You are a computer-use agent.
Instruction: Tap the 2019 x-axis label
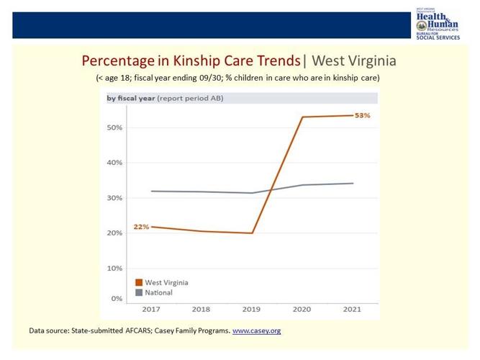click(x=251, y=310)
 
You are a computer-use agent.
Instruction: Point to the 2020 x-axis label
click(x=302, y=310)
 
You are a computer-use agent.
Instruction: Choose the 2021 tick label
click(x=353, y=310)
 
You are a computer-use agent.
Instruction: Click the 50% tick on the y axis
click(x=114, y=127)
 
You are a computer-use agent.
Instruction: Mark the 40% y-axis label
click(x=114, y=163)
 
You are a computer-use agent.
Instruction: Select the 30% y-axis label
click(x=114, y=198)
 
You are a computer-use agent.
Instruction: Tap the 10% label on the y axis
click(x=114, y=268)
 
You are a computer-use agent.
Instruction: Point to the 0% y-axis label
click(x=116, y=298)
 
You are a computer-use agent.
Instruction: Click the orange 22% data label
click(x=141, y=227)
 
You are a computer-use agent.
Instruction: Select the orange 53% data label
click(x=362, y=115)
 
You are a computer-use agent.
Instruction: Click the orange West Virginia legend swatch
click(x=139, y=283)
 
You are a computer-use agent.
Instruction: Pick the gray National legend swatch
click(x=139, y=293)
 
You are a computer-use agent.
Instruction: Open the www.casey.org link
click(x=256, y=331)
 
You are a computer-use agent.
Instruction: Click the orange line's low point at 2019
click(x=252, y=233)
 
